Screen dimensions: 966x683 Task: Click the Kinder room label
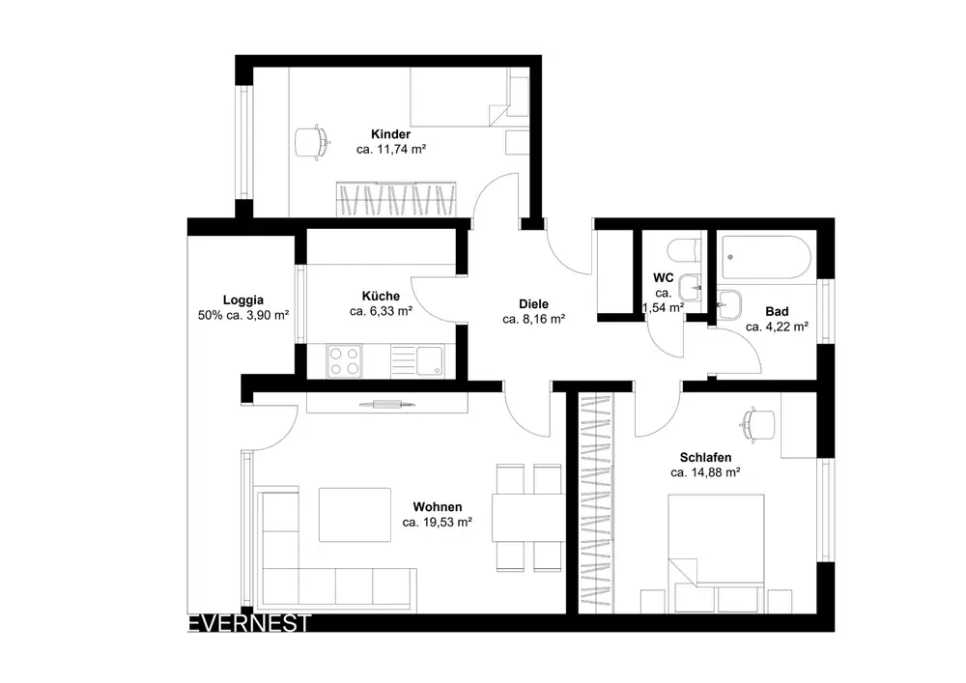390,134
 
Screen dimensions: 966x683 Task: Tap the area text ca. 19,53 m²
438,523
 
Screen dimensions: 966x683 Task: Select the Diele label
533,303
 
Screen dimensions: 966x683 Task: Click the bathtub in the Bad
766,257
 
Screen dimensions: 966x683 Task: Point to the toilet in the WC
684,249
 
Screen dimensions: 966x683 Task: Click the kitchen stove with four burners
344,361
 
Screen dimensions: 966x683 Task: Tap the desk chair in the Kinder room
312,142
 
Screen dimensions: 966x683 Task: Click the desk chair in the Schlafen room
757,425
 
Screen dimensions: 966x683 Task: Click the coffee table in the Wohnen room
355,514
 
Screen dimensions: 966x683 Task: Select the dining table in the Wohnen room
528,518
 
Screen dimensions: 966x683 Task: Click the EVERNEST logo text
249,623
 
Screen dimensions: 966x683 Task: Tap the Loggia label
243,299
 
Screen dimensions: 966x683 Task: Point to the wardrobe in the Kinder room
396,199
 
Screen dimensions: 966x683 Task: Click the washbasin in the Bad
729,305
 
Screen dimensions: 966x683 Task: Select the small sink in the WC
690,288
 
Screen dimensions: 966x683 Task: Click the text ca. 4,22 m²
777,327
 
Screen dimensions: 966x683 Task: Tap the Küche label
381,297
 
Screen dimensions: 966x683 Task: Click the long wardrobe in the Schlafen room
596,503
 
